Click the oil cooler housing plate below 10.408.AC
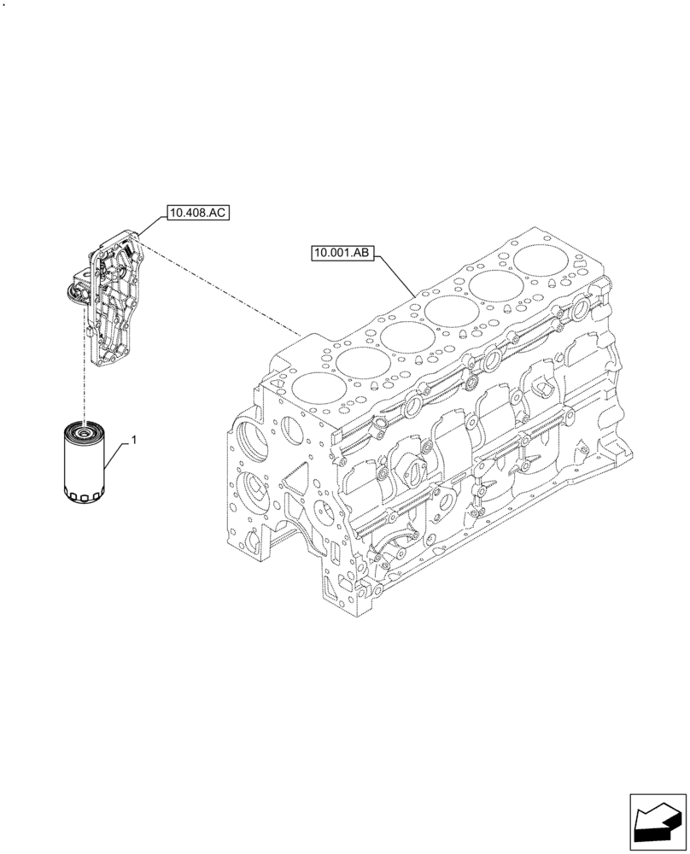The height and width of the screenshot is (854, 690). (115, 299)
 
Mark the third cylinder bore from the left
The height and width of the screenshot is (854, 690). (405, 336)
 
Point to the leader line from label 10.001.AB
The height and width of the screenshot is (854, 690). (397, 275)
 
